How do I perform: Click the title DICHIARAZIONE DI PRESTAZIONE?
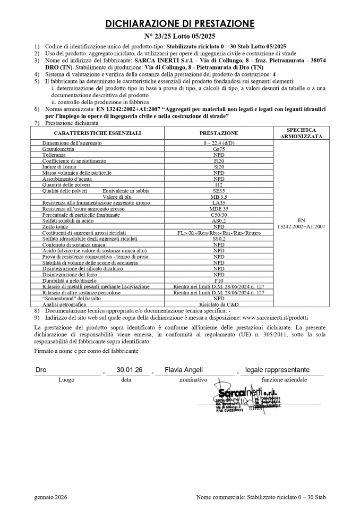click(x=180, y=23)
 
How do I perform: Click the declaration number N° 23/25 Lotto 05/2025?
click(x=180, y=36)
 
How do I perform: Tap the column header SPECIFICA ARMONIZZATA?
click(x=301, y=133)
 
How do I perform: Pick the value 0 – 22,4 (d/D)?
click(x=218, y=143)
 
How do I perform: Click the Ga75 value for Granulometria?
click(x=218, y=149)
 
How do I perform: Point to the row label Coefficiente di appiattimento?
click(x=74, y=160)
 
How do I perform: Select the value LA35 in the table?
click(x=218, y=203)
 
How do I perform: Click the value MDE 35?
click(x=218, y=209)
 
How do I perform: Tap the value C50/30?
click(x=218, y=215)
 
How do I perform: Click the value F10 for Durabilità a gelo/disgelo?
click(x=218, y=280)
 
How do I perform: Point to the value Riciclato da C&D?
click(x=218, y=304)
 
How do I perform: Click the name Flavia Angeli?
click(x=184, y=370)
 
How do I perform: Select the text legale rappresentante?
click(x=277, y=370)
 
